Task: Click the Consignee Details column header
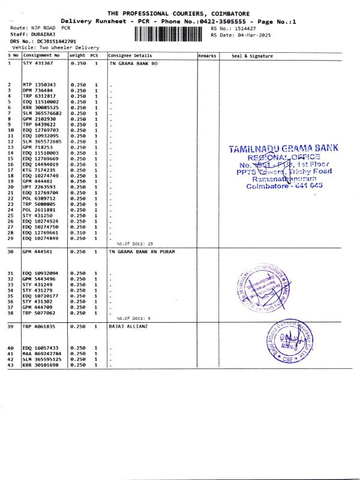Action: pos(130,56)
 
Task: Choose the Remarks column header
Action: pos(206,56)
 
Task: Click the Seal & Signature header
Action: pos(252,56)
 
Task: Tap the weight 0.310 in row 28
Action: pos(79,232)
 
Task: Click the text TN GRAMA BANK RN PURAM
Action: pos(142,251)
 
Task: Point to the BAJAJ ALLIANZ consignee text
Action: pos(127,327)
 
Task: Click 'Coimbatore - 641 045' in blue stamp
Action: pos(284,186)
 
